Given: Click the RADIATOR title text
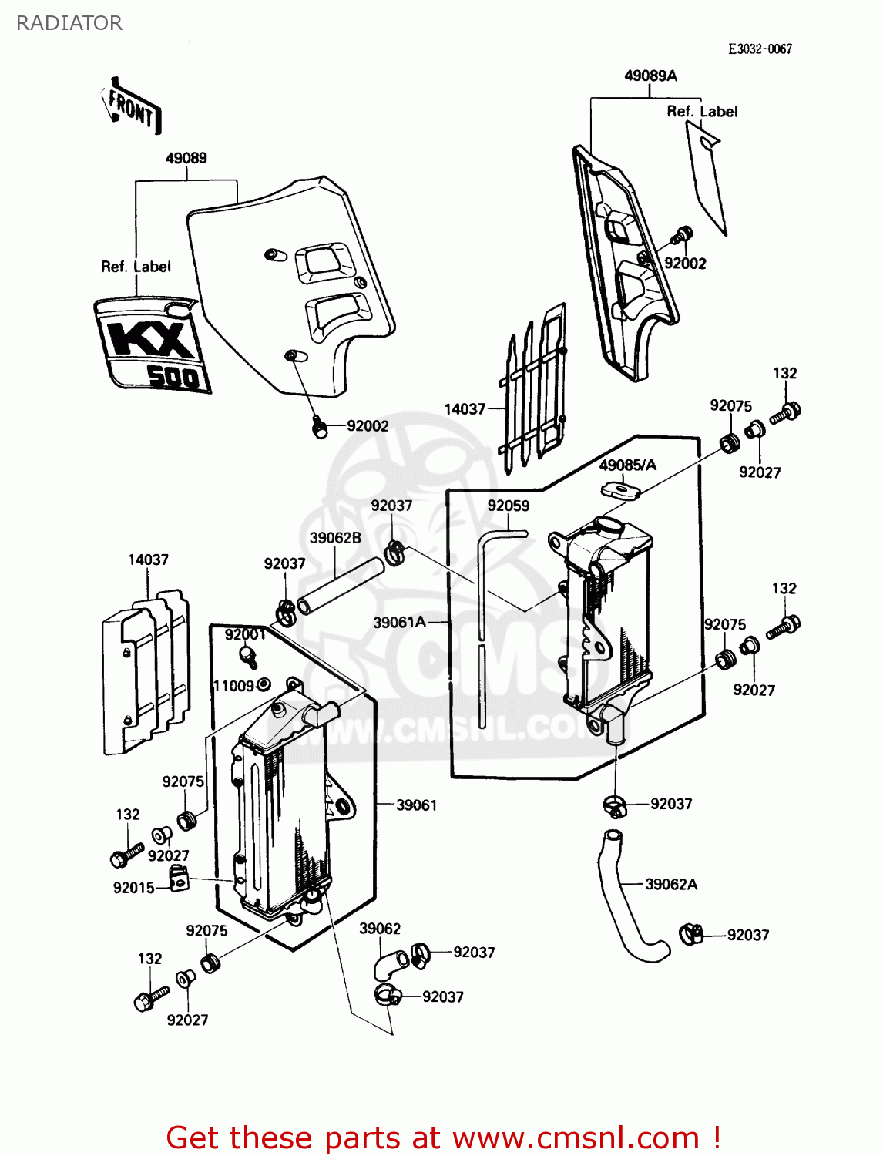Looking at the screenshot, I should (x=69, y=23).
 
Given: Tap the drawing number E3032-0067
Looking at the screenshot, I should (x=760, y=49).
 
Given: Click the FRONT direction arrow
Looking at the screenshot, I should (x=131, y=108).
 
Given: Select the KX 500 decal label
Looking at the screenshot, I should (x=153, y=345).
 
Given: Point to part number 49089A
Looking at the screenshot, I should (x=650, y=76).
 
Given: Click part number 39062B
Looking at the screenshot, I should (x=335, y=538).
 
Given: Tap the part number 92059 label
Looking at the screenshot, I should (x=509, y=506).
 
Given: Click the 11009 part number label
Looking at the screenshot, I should (x=233, y=686).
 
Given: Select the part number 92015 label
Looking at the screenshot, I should (x=134, y=888).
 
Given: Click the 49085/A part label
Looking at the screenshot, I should (x=628, y=465).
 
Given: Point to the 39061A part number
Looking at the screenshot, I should (x=399, y=622).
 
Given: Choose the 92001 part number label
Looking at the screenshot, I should (x=245, y=634).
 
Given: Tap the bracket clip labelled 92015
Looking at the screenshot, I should (x=179, y=879).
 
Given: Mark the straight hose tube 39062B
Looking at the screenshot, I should (x=341, y=586).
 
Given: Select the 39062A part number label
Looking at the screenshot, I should (x=671, y=884).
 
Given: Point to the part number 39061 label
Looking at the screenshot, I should (x=416, y=805).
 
